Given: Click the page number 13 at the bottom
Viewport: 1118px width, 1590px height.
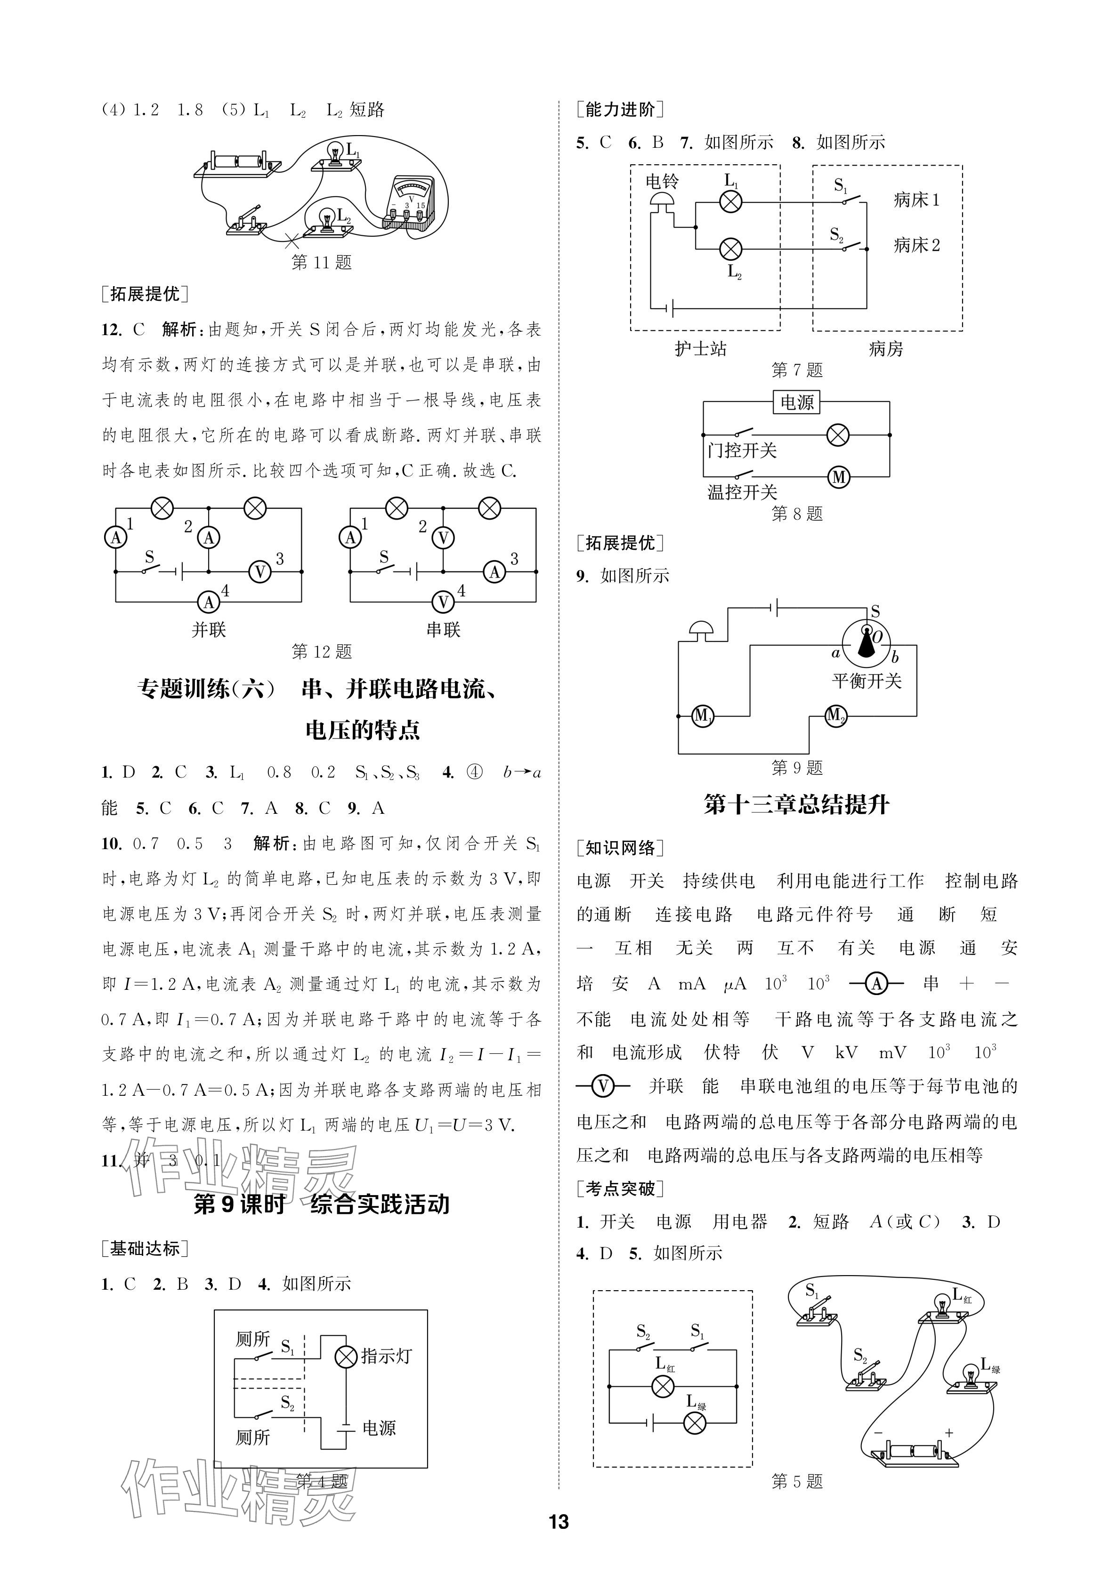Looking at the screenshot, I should [559, 1521].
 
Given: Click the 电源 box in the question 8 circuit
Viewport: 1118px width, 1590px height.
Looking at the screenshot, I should [797, 402].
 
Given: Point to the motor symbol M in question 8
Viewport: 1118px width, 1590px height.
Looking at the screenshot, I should [839, 477].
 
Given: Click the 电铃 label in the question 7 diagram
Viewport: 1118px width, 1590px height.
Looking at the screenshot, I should [662, 181].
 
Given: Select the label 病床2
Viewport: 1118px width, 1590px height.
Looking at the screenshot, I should [916, 245].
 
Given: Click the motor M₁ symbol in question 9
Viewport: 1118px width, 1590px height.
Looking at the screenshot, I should [702, 716].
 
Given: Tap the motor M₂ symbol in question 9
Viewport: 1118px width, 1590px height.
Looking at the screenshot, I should [835, 715].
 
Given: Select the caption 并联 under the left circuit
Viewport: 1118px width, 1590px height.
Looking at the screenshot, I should [209, 629].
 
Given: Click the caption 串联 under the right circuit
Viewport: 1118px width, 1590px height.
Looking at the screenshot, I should [443, 629].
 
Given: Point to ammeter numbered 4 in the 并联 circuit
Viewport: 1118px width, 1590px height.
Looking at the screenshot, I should [209, 602].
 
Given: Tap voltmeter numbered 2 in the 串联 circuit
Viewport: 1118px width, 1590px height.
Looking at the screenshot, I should [443, 538].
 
